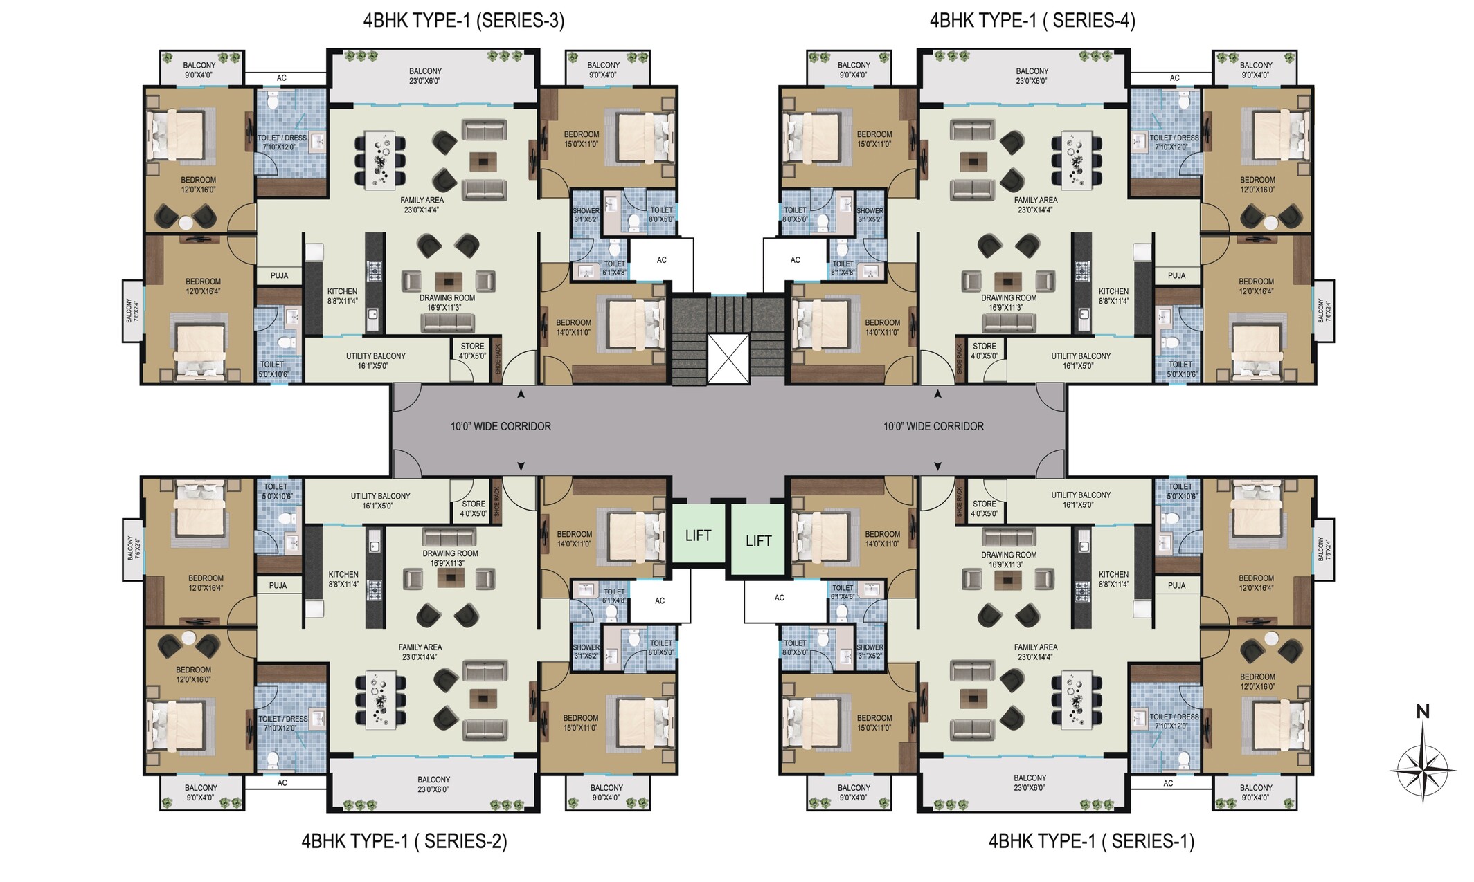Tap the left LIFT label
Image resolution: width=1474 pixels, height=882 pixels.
698,535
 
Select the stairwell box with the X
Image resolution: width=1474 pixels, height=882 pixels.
728,358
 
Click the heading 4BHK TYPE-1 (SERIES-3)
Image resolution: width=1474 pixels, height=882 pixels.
464,21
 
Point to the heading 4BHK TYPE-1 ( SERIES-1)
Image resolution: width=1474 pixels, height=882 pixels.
1092,841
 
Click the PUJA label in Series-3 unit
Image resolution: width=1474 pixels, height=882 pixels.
280,275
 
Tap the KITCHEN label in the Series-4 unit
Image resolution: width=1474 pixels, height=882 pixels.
1113,291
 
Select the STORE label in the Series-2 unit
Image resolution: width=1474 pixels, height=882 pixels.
474,504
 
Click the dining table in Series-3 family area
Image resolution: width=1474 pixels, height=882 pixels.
380,160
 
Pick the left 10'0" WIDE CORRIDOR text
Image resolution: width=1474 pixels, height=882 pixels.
501,426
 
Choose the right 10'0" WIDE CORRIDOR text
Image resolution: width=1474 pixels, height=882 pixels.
933,426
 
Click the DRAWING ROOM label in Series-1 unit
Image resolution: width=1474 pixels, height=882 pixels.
1009,555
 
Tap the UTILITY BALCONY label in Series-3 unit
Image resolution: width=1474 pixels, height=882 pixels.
376,356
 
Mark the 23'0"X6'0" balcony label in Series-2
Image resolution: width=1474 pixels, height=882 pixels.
433,789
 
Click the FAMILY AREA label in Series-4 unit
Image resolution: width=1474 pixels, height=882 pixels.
1036,201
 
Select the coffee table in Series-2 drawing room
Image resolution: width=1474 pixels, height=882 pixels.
451,578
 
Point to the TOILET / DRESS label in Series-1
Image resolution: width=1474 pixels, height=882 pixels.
1174,717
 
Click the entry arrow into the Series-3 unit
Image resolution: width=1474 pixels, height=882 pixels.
521,394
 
